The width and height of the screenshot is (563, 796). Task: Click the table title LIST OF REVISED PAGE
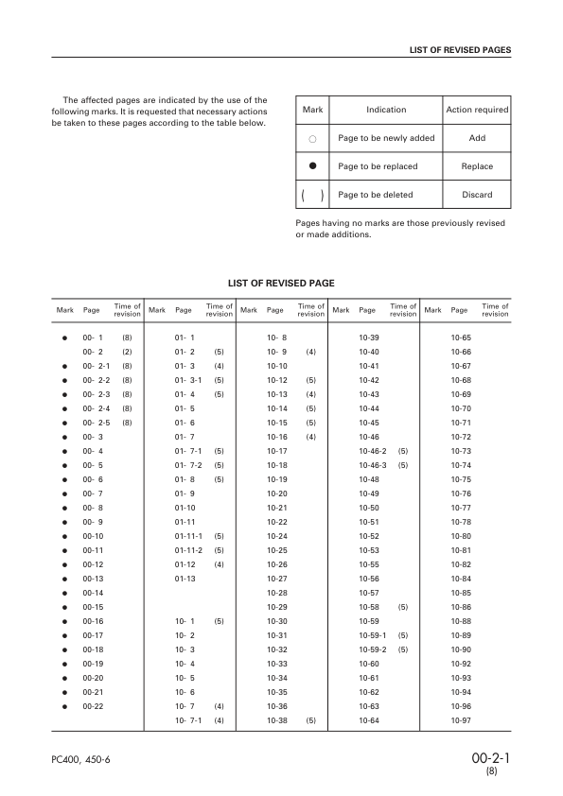[281, 283]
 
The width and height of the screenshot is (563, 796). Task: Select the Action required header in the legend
[477, 110]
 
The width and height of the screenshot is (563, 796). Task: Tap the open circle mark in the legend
[312, 138]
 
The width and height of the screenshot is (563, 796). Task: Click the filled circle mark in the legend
[312, 166]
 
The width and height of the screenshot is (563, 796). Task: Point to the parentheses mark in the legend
[312, 195]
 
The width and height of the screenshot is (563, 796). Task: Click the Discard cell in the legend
[477, 195]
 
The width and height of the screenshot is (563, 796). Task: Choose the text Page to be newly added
[386, 138]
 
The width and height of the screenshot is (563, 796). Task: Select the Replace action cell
[477, 166]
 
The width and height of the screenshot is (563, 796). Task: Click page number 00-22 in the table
[93, 706]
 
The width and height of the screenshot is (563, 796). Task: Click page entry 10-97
[462, 720]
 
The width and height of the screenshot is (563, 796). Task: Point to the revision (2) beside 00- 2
[126, 352]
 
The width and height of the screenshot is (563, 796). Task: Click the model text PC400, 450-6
[81, 760]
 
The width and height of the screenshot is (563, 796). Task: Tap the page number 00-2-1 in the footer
[491, 758]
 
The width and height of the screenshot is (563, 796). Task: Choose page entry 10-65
[462, 337]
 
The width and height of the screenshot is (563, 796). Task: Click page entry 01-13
[185, 578]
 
